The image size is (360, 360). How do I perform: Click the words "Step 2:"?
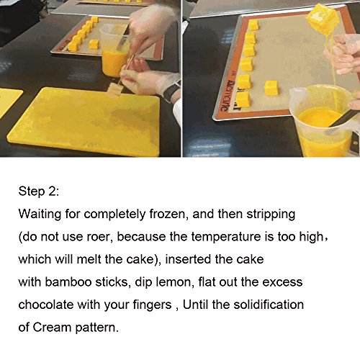pos(38,192)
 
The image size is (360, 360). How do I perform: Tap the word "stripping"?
pos(271,215)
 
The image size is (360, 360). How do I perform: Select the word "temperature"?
pos(226,237)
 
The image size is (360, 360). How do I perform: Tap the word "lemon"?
pos(175,282)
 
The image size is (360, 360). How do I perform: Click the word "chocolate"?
pos(46,305)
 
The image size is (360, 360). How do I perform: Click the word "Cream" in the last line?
pos(52,327)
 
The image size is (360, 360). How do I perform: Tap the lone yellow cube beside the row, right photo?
pos(271,88)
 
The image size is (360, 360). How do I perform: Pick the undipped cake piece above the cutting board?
pos(114,90)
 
